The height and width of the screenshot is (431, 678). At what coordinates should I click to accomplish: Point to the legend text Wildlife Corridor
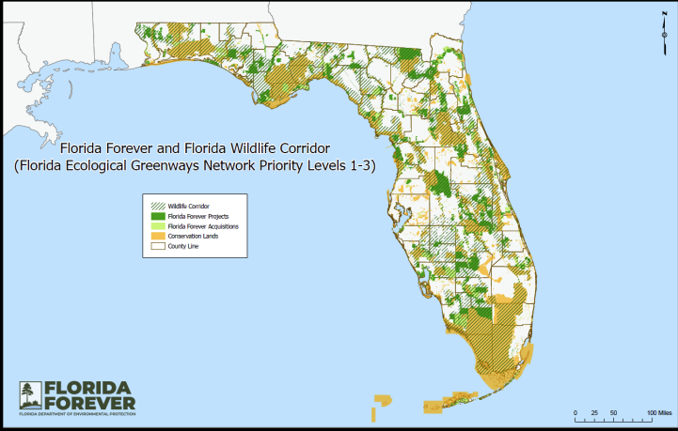coord(188,206)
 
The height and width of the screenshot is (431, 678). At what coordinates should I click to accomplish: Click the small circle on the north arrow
coord(664,39)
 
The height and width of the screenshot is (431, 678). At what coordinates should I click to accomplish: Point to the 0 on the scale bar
coord(576,413)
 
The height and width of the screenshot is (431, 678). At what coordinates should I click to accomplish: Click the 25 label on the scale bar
coord(594,413)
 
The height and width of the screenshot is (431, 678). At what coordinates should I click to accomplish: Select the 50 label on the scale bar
coord(614,413)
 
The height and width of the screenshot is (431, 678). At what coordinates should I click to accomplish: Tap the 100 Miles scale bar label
coord(658,413)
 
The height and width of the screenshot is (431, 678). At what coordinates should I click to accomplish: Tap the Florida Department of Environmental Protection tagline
coord(77,415)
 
